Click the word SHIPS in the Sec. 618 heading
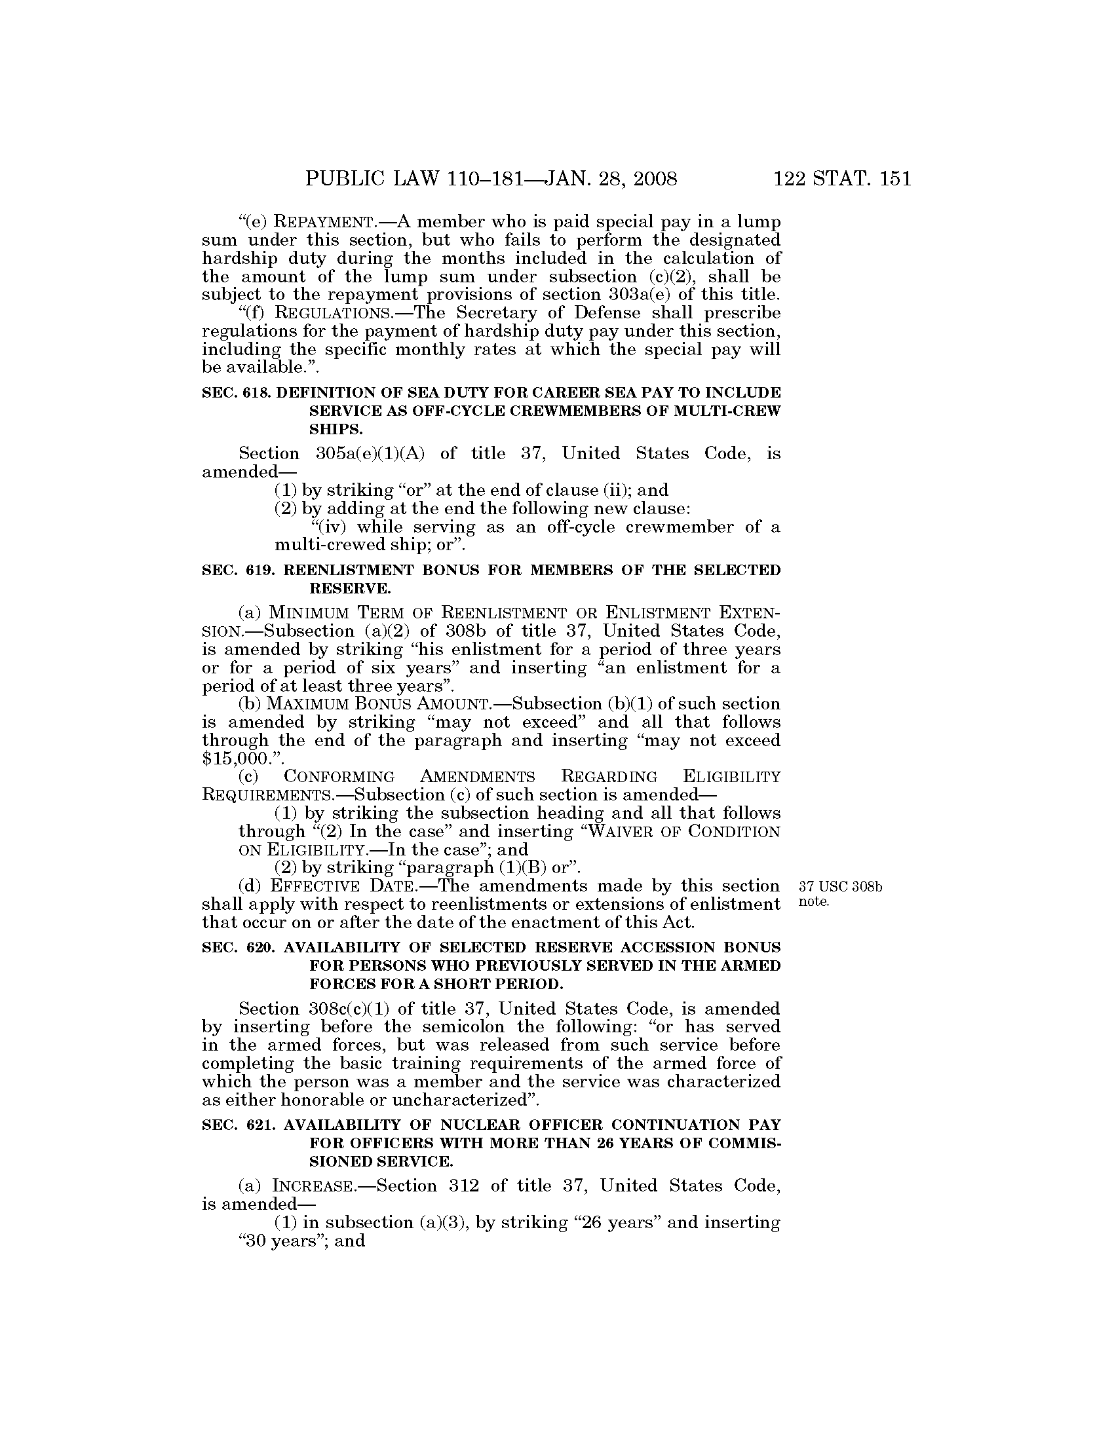pos(336,430)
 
